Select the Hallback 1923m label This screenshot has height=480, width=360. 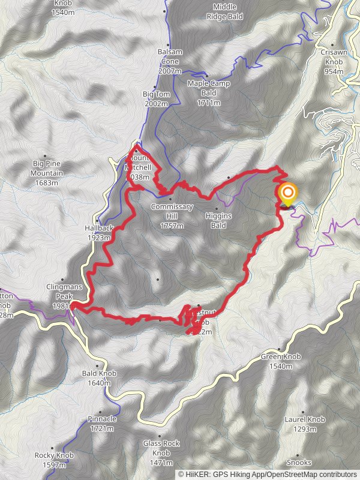click(x=98, y=233)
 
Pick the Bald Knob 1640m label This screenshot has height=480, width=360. click(x=99, y=378)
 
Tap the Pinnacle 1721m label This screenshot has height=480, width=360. click(x=101, y=424)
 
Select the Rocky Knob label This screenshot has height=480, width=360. click(x=54, y=460)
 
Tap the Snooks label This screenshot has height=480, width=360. click(x=299, y=463)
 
